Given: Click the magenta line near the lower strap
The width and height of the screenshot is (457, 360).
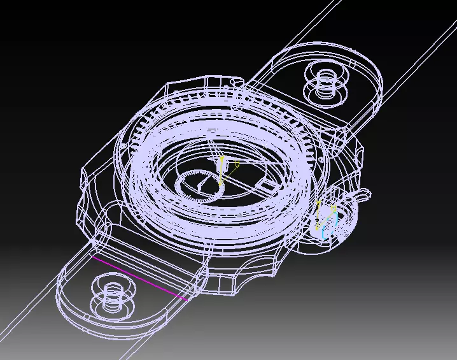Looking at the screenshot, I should point(140,277).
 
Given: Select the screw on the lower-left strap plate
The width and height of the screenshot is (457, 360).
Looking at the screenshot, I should point(114,294).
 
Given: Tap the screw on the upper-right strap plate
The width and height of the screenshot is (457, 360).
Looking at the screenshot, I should point(327,81).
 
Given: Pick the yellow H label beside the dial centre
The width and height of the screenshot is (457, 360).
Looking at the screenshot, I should point(237,164).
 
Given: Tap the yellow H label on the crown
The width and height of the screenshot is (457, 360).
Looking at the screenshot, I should point(334,208).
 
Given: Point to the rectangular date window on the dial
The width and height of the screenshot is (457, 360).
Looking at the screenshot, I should point(268,185).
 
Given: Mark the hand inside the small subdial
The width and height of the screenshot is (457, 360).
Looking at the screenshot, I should point(202,184).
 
